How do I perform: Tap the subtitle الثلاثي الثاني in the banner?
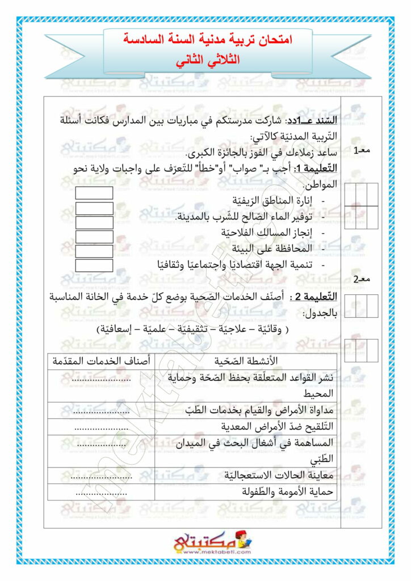207,59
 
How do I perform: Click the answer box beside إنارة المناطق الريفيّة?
94,193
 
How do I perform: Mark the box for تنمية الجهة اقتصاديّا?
94,266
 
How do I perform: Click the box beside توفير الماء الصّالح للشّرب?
94,208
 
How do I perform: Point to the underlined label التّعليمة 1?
316,169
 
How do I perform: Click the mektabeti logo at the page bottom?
205,543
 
